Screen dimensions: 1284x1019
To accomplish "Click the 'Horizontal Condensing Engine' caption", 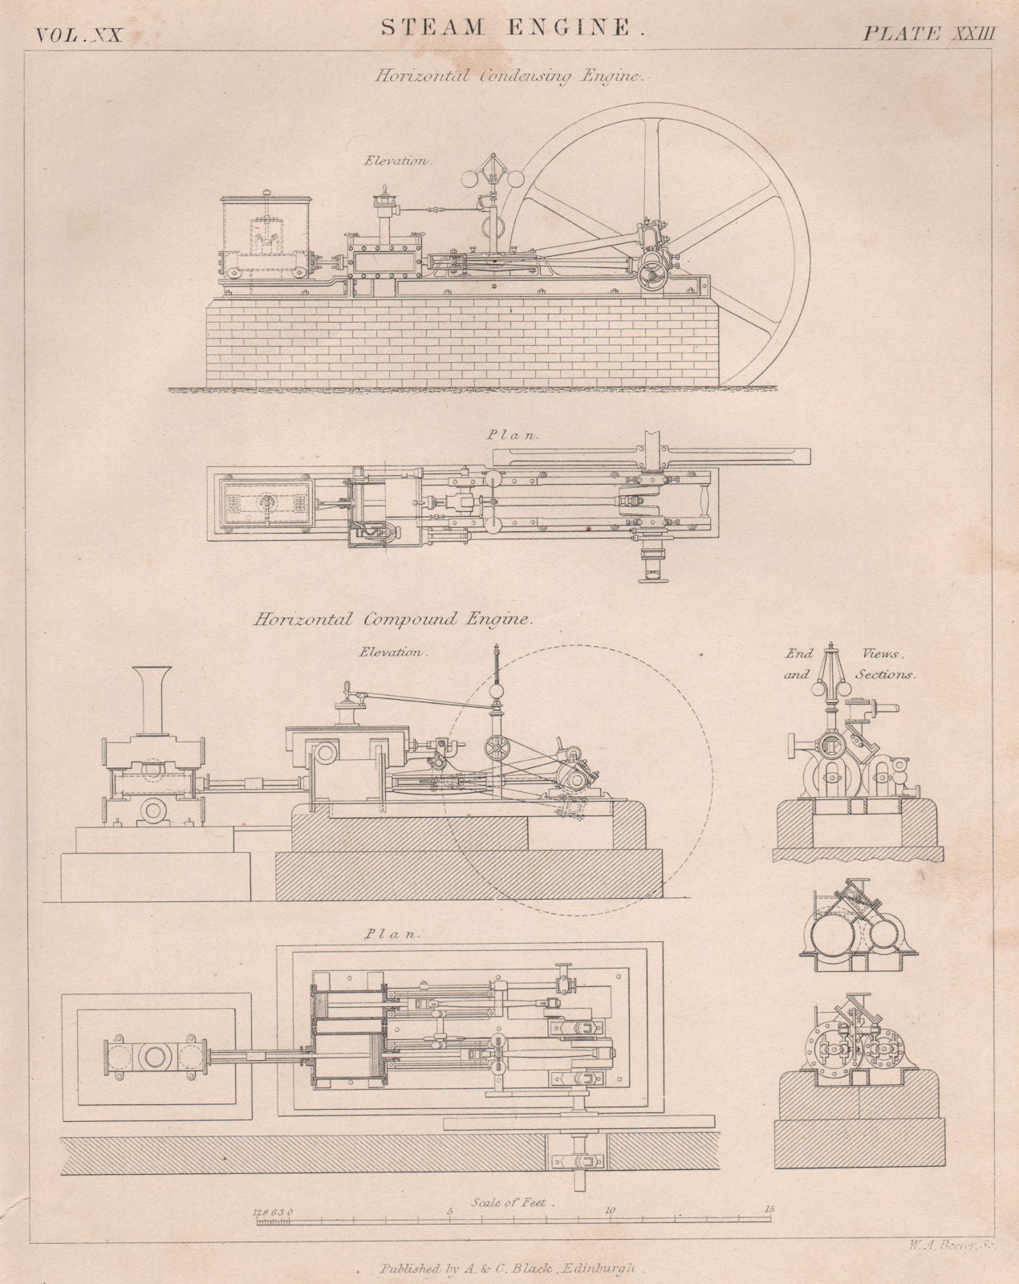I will (513, 76).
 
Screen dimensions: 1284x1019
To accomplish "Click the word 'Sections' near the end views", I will (885, 675).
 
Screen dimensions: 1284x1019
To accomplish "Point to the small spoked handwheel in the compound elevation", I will (497, 748).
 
